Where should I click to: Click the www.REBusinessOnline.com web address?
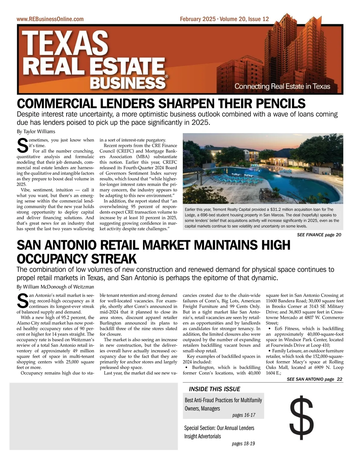(50, 19)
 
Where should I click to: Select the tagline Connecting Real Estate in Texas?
(282, 87)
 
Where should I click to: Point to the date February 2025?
(197, 19)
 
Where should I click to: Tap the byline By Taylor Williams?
(36, 132)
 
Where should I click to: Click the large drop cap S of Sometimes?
(22, 145)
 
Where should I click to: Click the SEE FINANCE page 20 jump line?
(319, 235)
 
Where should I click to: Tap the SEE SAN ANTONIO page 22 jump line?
(314, 379)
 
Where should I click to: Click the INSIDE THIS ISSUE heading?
(214, 389)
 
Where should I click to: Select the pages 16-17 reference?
(244, 415)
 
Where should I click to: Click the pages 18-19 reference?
(243, 444)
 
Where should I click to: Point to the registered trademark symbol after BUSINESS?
(166, 76)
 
